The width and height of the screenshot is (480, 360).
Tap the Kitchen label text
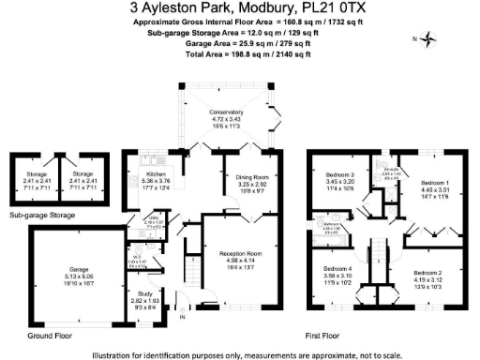pos(143,172)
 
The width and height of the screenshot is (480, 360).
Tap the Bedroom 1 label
pos(434,182)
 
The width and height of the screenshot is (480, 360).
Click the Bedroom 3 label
pos(339,175)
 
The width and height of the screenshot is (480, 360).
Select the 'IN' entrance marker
pos(181,317)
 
